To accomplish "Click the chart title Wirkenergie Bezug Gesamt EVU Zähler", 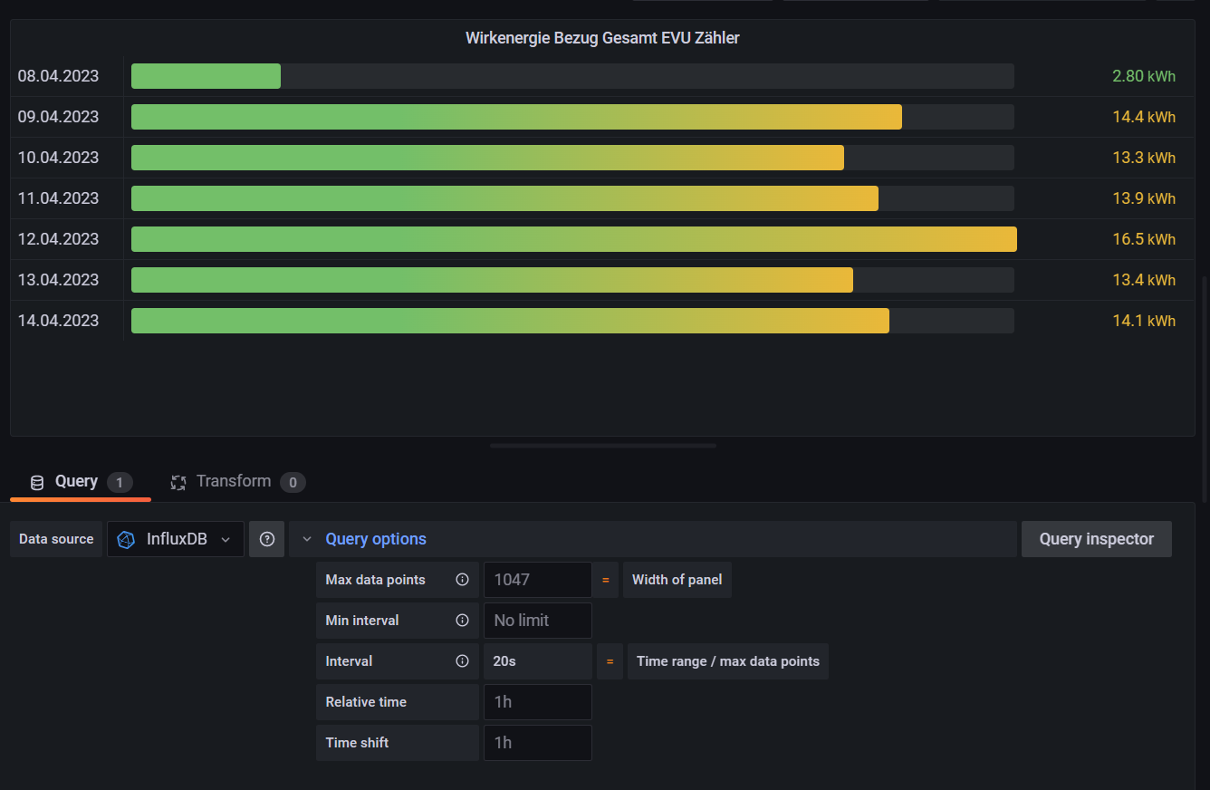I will (x=602, y=38).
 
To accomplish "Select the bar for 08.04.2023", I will (x=206, y=76).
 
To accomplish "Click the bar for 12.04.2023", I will (x=573, y=239).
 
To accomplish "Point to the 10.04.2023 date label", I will (x=58, y=158).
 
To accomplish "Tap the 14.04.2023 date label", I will (x=58, y=321).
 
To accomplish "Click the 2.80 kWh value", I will (x=1143, y=76).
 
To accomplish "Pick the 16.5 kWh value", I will (x=1143, y=239).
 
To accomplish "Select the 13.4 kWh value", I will (x=1143, y=280).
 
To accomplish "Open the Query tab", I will (x=76, y=481).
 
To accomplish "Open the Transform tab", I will (x=234, y=481).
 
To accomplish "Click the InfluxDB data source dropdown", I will (x=176, y=539).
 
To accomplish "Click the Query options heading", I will (x=376, y=539).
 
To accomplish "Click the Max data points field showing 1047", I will (x=537, y=580).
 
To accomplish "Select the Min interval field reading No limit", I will (x=537, y=621).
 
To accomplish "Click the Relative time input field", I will (x=537, y=702).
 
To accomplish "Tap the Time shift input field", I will (x=537, y=743).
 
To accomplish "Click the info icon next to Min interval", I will (x=462, y=621).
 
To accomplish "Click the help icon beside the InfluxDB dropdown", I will (x=267, y=539).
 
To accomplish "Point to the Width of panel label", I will (x=677, y=580).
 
